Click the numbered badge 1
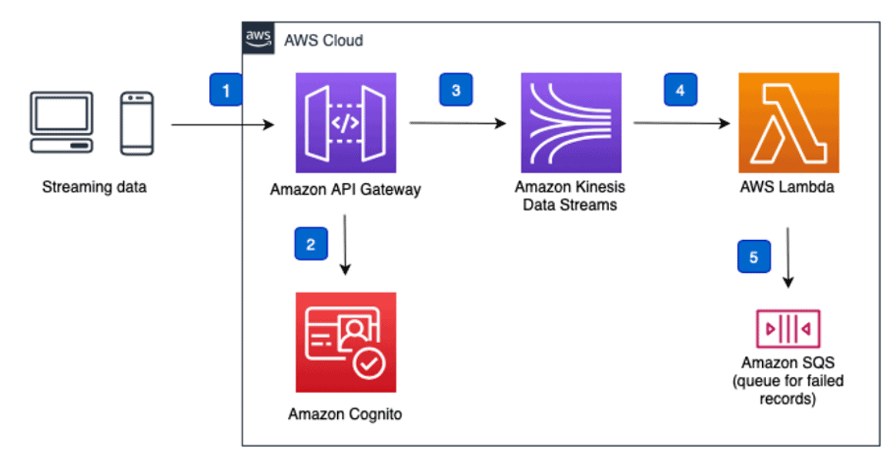(x=226, y=90)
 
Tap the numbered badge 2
(x=310, y=245)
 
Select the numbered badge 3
(x=456, y=90)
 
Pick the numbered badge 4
(x=680, y=90)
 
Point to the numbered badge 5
(x=754, y=257)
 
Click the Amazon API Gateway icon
(x=346, y=123)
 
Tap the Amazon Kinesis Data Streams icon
(x=571, y=123)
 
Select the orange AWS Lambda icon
(x=788, y=123)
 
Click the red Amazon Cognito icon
(x=346, y=342)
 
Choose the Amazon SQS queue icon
(x=788, y=329)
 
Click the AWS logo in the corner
(x=258, y=38)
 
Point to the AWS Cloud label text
(x=323, y=39)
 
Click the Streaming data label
(x=94, y=187)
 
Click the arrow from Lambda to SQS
(x=788, y=257)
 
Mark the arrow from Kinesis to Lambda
(x=680, y=122)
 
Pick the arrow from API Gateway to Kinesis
(x=457, y=122)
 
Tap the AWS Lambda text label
(x=788, y=188)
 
